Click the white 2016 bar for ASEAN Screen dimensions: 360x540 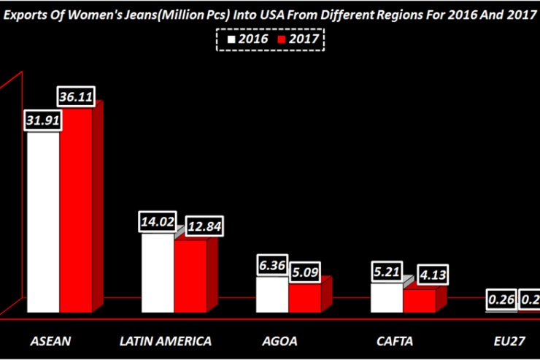tap(43, 219)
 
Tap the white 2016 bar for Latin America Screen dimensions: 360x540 tap(157, 272)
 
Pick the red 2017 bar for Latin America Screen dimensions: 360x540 tap(190, 275)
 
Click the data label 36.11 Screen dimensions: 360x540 tap(77, 97)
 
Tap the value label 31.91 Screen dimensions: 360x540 tap(43, 120)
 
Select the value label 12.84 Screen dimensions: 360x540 tap(204, 226)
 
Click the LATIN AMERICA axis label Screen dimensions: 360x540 tap(165, 341)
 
